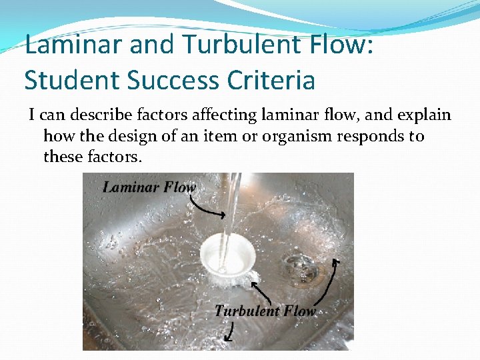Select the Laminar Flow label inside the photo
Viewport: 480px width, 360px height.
coord(149,187)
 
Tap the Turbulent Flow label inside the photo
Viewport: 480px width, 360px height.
coord(264,311)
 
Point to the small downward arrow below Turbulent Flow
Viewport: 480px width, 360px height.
coord(231,331)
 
